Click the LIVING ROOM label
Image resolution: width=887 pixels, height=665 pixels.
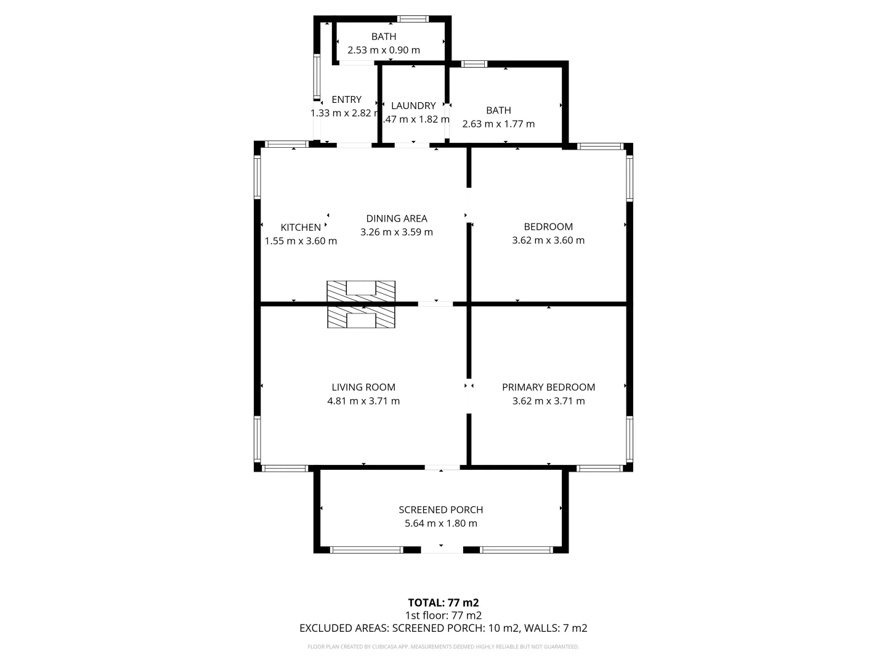pos(363,387)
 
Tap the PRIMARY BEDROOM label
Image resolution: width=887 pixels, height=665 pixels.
pos(548,387)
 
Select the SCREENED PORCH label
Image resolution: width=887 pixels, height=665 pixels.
pos(440,510)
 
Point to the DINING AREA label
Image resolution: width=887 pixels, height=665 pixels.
pos(397,219)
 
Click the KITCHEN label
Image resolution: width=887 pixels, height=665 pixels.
pos(301,228)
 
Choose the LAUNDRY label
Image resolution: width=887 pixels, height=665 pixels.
pos(413,106)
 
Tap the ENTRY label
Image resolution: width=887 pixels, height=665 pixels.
pos(346,100)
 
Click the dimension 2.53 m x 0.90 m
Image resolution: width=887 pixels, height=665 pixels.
pos(384,50)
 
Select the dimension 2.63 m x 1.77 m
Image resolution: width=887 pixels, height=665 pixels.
pos(498,124)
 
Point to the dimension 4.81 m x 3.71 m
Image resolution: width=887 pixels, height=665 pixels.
pos(363,401)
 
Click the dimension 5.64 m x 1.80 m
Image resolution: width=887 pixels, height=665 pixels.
pos(440,523)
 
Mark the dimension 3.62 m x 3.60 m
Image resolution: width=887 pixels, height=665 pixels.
pos(548,240)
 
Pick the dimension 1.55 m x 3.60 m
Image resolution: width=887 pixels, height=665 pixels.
pos(301,241)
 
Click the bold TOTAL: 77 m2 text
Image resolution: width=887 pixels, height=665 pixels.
pos(443,603)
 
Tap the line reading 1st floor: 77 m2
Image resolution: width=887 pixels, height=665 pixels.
pos(443,615)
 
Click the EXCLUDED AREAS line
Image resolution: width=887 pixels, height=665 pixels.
pos(443,628)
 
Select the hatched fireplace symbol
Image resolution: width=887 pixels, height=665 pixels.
pos(361,304)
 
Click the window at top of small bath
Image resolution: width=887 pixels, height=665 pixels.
pos(413,19)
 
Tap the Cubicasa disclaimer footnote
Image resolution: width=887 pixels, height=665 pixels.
pos(443,647)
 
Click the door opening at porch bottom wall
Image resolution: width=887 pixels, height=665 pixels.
pos(442,549)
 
